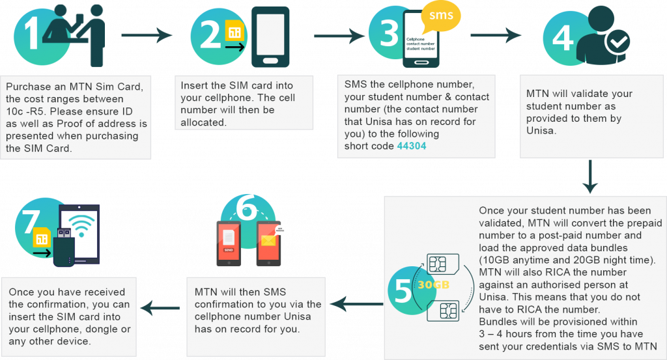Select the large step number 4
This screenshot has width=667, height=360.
point(562,37)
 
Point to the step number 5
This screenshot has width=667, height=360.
point(403,290)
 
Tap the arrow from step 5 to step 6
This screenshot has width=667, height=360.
point(356,303)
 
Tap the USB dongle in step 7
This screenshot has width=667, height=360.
point(63,248)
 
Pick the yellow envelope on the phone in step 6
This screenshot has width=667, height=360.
point(268,240)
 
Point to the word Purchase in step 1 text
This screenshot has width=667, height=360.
point(28,87)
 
